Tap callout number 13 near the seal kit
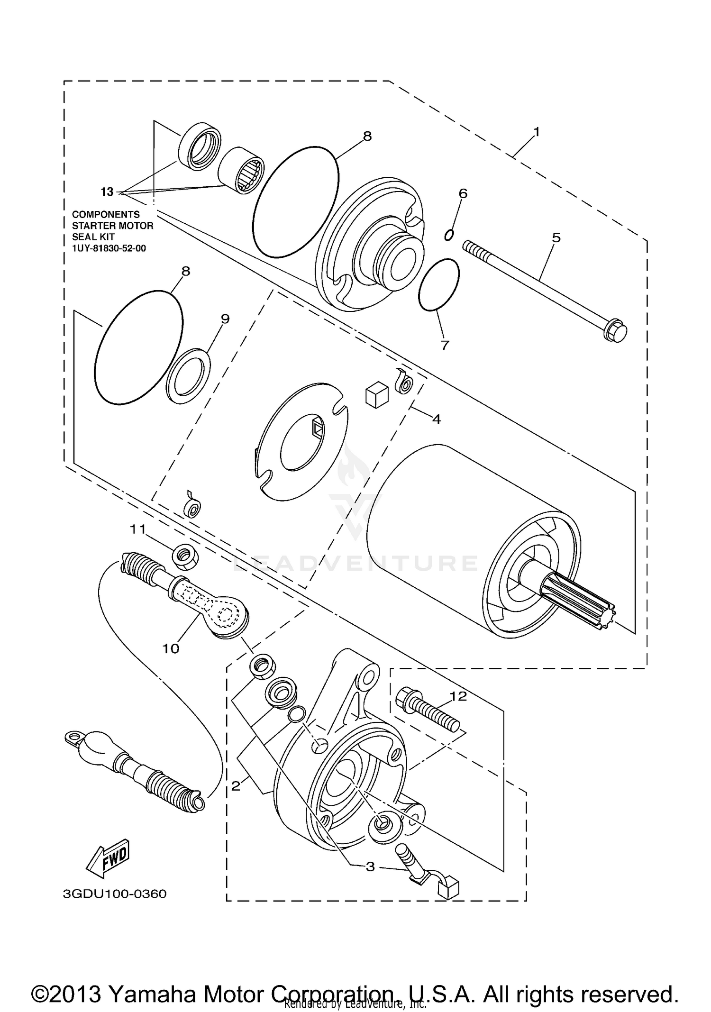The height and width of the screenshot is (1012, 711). (x=107, y=192)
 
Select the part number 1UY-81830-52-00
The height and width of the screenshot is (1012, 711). (x=109, y=248)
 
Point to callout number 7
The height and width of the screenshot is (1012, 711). (x=444, y=345)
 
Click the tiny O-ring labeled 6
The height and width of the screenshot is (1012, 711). (x=449, y=235)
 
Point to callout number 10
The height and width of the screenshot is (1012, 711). (x=171, y=648)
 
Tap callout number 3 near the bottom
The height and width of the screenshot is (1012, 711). (x=370, y=867)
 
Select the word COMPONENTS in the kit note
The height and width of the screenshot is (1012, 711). (x=106, y=215)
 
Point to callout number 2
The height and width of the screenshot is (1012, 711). (x=236, y=786)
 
